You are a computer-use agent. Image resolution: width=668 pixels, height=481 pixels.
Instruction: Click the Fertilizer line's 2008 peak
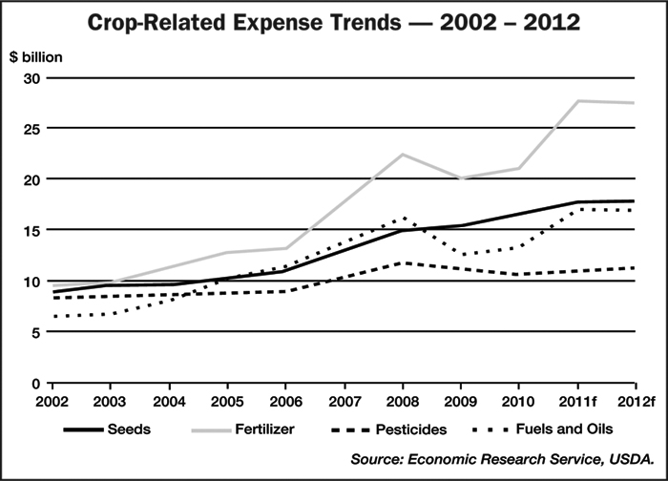[404, 154]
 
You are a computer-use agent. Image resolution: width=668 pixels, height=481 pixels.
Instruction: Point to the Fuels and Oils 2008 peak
[404, 218]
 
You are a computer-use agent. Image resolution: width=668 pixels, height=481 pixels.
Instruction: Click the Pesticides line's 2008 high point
[404, 262]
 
